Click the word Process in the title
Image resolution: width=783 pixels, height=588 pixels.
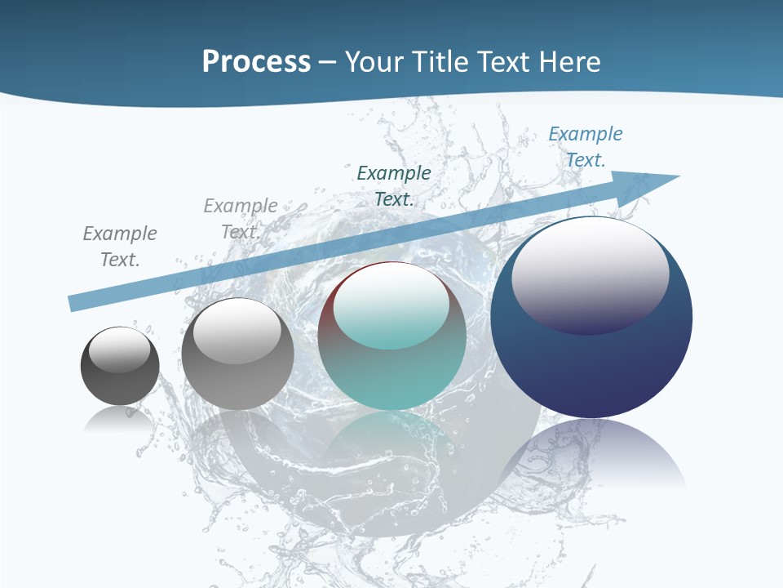point(256,62)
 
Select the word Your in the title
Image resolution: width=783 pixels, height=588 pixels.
point(374,62)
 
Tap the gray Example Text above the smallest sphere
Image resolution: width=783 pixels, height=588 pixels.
point(120,246)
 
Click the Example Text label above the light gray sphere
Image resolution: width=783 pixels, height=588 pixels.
point(241,218)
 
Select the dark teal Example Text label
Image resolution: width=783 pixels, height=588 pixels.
point(394,185)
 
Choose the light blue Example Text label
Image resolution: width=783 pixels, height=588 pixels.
point(585,146)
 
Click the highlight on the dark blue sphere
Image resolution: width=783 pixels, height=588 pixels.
point(590,274)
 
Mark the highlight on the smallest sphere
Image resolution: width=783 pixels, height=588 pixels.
point(119,350)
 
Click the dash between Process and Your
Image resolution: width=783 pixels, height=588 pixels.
point(328,62)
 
